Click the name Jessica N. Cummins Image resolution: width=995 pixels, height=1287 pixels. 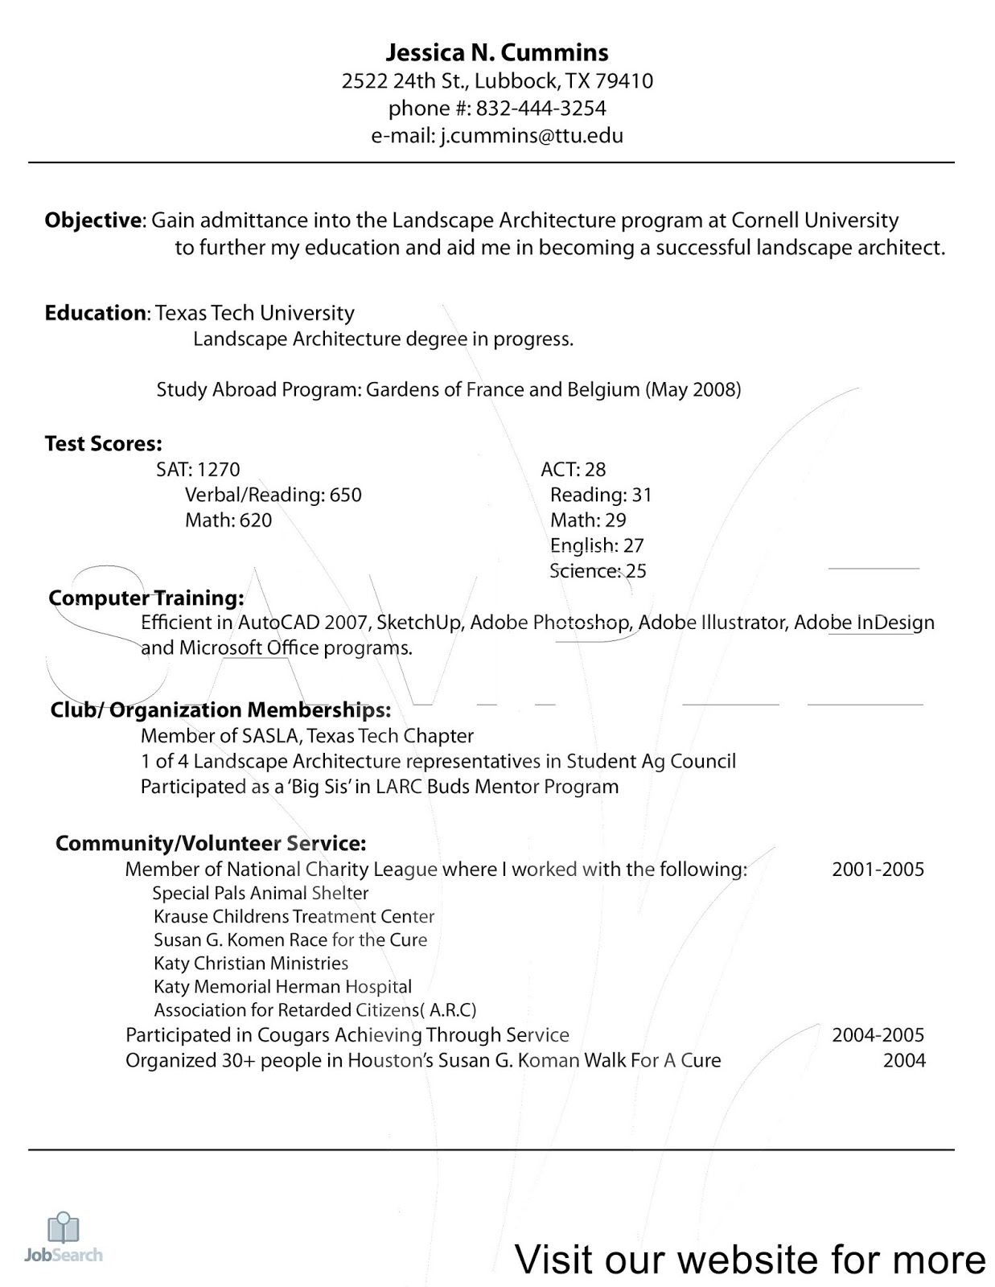coord(497,53)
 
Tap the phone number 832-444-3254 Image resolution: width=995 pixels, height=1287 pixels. coord(541,109)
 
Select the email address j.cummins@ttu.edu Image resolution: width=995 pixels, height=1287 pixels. coord(531,136)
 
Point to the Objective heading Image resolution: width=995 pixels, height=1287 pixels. coord(93,220)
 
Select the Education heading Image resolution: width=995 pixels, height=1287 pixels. coord(95,313)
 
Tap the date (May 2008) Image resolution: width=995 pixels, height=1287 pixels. coord(693,390)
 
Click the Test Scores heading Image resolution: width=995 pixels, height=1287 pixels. coord(103,444)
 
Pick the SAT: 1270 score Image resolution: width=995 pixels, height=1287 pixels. coord(198,470)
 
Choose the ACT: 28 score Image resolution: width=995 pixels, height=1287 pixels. coord(573,470)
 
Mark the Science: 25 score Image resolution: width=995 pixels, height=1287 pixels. coord(598,571)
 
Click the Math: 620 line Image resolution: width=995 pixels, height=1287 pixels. coord(228,520)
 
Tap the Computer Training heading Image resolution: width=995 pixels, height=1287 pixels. coord(146,598)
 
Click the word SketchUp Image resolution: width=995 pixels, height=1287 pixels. coord(419,623)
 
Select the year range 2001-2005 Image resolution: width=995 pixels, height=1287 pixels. coord(878,870)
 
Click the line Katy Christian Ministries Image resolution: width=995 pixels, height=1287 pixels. coord(251,964)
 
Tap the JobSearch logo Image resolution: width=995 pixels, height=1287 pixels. coord(64,1239)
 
